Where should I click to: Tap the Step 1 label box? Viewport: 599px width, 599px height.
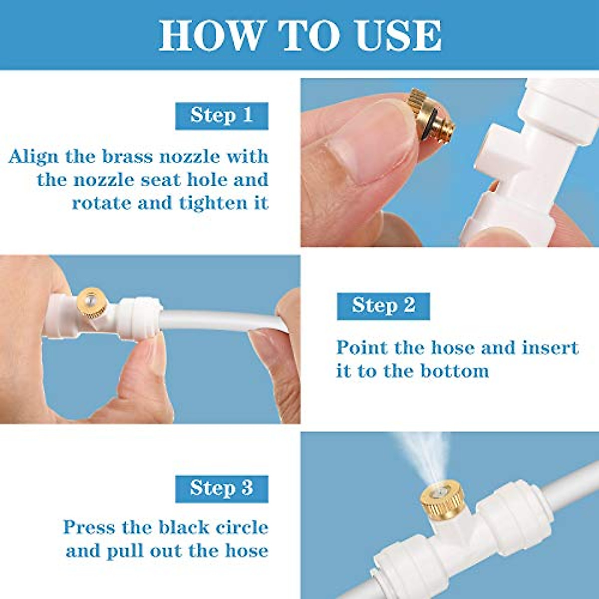222,116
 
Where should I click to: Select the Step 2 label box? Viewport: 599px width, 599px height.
383,305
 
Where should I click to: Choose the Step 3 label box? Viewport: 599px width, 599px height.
222,488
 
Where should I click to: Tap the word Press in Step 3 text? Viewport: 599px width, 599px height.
88,528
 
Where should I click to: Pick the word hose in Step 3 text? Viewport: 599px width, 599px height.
247,551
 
